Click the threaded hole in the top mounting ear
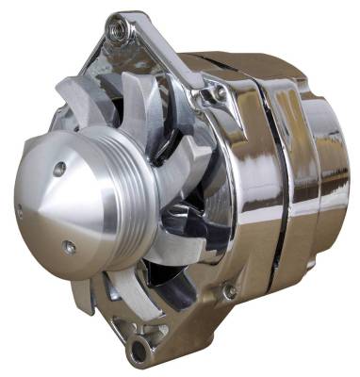click(x=119, y=30)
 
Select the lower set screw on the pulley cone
click(x=69, y=249)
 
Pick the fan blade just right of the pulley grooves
click(x=165, y=188)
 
